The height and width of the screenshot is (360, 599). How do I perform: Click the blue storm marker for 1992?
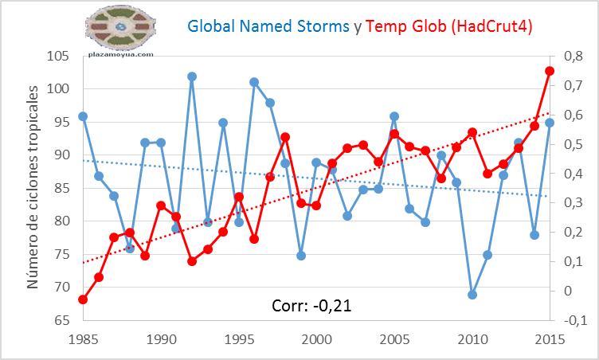point(192,76)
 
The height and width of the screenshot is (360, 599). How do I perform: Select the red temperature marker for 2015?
point(550,71)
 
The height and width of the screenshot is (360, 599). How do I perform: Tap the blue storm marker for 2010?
point(472,295)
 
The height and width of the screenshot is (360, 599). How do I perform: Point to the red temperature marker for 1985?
point(83,299)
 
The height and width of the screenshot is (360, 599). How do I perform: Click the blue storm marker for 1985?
point(83,116)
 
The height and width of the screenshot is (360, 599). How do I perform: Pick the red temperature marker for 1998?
point(285,137)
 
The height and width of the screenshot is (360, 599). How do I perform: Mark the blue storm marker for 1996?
point(254,82)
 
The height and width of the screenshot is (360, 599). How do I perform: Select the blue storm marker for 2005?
point(394,116)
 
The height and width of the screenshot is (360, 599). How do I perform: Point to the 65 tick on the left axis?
point(61,321)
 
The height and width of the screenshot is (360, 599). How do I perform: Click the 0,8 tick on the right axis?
point(574,57)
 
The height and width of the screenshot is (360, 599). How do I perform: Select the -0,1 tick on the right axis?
point(574,321)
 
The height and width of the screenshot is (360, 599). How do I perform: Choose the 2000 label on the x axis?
point(316,338)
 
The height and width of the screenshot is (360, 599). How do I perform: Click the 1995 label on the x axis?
point(239,338)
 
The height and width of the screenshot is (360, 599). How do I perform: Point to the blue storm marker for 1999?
point(301,256)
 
